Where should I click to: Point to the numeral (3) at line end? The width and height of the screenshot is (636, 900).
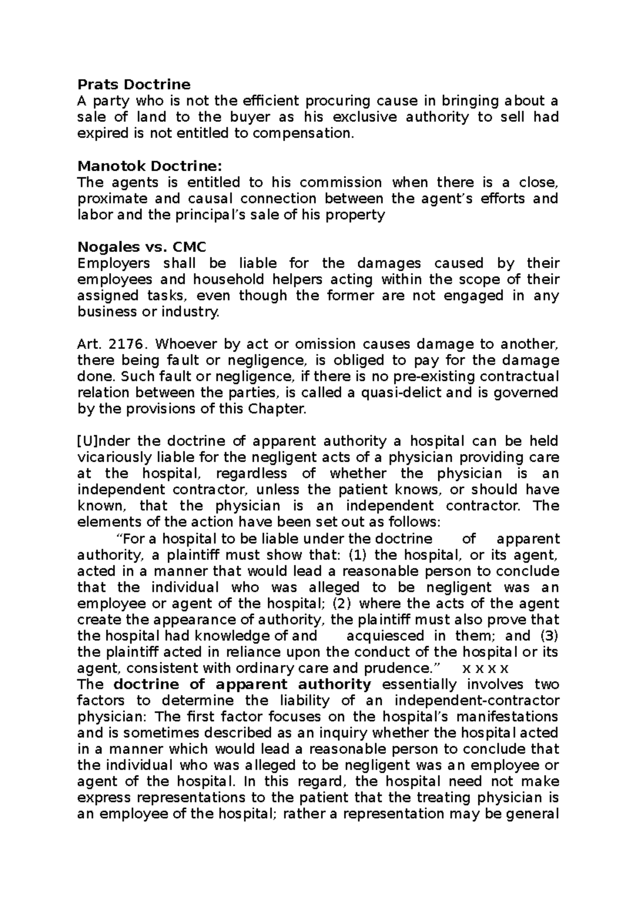pyautogui.click(x=549, y=636)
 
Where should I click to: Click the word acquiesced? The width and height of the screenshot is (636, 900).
pyautogui.click(x=385, y=636)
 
